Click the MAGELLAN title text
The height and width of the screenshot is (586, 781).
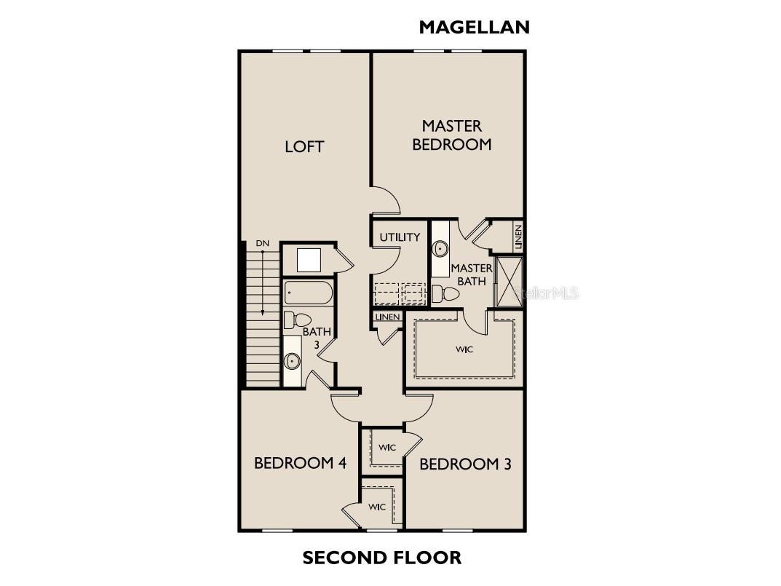point(474,27)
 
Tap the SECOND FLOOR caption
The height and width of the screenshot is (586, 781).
point(382,558)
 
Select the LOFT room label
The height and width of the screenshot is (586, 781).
point(304,146)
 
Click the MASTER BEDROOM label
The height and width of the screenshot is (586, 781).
point(452,135)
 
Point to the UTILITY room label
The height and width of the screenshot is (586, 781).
point(400,237)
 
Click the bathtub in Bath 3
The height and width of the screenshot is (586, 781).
point(309,293)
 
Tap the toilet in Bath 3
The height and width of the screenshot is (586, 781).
point(298,320)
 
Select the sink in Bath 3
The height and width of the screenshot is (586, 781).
point(292,360)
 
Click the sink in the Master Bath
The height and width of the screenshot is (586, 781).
point(440,248)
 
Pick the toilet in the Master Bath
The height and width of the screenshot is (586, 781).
point(445,293)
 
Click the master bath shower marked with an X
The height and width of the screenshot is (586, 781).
point(509,282)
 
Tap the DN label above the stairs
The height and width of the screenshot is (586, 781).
point(263,244)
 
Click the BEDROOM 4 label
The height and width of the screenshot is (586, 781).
point(300,463)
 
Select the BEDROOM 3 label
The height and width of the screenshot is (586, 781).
point(465,464)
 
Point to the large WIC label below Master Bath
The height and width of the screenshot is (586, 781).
point(464,350)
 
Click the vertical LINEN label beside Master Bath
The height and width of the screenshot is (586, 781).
point(518,237)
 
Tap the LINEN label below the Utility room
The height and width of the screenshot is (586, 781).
point(387,317)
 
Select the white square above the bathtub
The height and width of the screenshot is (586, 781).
point(309,260)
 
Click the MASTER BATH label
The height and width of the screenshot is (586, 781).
point(471,274)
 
